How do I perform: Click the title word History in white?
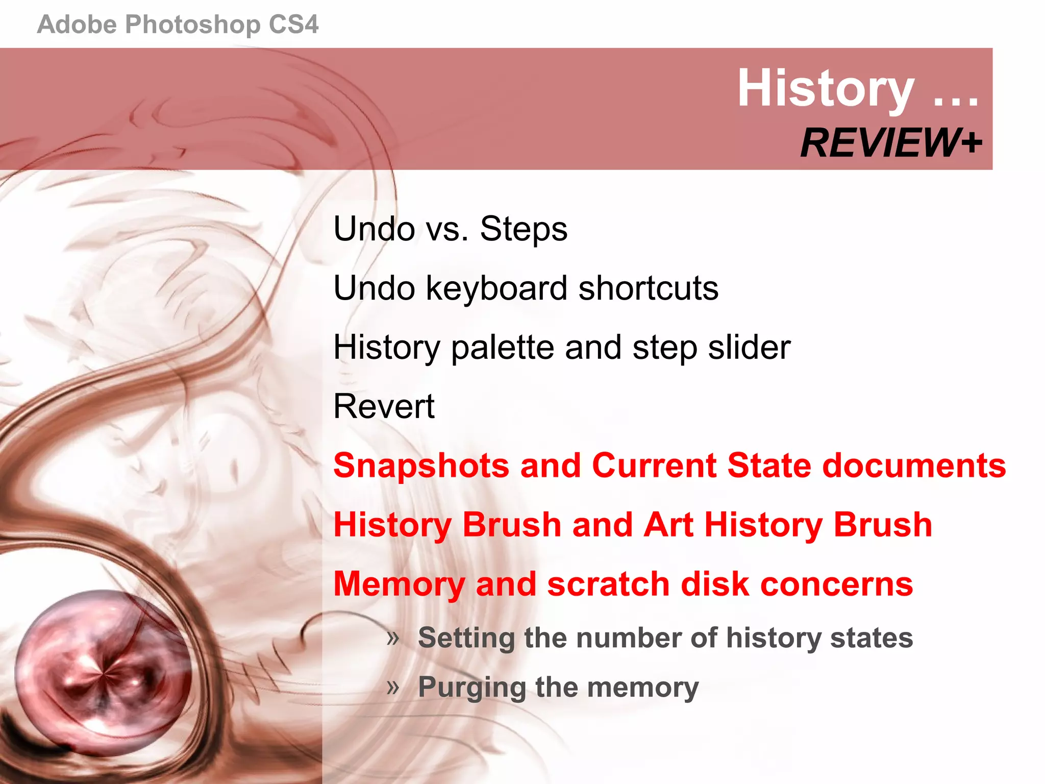[826, 89]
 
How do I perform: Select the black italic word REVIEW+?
[890, 143]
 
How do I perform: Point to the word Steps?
[524, 229]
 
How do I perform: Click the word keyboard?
[496, 288]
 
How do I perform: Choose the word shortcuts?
[648, 288]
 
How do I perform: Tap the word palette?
[503, 348]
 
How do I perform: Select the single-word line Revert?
[384, 407]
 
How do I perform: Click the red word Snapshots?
[421, 467]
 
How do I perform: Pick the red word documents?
[914, 465]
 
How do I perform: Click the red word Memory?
[399, 585]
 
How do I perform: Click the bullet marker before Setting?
[392, 638]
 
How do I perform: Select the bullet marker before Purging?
[392, 687]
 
